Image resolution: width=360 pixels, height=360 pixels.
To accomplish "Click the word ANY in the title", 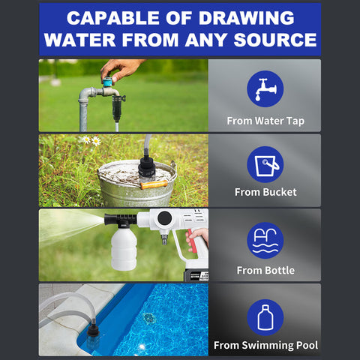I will coord(192,40).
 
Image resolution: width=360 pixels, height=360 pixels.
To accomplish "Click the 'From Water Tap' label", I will coord(265,120).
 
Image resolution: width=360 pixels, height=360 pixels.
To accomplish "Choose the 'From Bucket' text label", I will coord(265,192).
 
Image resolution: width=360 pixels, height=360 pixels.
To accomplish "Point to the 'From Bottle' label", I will coord(265,270).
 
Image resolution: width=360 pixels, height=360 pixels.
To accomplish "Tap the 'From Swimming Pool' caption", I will coord(265,345).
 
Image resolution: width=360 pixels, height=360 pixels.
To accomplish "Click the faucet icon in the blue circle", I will coord(265,88).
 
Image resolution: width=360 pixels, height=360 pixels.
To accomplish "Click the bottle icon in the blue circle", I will coord(265,316).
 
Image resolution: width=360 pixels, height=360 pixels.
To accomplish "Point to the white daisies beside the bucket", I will coord(91,140).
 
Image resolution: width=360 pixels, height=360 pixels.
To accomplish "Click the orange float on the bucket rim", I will coord(153,184).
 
